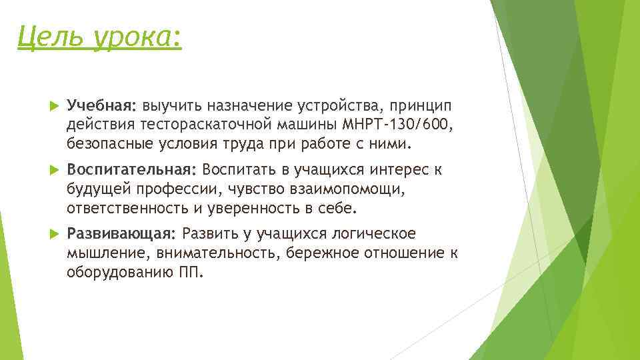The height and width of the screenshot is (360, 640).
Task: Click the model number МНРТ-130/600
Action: tap(397, 125)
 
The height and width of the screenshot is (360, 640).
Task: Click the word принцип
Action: tap(420, 105)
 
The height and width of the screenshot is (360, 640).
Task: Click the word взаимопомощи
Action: tap(345, 189)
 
